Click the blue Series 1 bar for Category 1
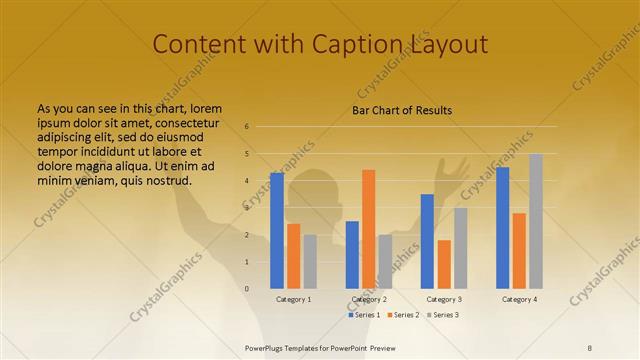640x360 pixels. tap(277, 230)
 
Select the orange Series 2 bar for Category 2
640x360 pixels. tap(368, 229)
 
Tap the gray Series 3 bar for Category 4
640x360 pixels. tap(536, 221)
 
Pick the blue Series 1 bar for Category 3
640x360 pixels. tap(427, 241)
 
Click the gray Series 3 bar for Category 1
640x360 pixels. tap(310, 261)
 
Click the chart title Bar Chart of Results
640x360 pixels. tap(402, 110)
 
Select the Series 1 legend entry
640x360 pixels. tap(364, 315)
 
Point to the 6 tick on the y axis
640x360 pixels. tap(246, 127)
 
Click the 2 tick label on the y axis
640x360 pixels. tap(246, 235)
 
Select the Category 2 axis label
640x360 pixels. tap(369, 299)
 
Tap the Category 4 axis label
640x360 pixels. tap(519, 299)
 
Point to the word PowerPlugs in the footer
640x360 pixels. tap(268, 347)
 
